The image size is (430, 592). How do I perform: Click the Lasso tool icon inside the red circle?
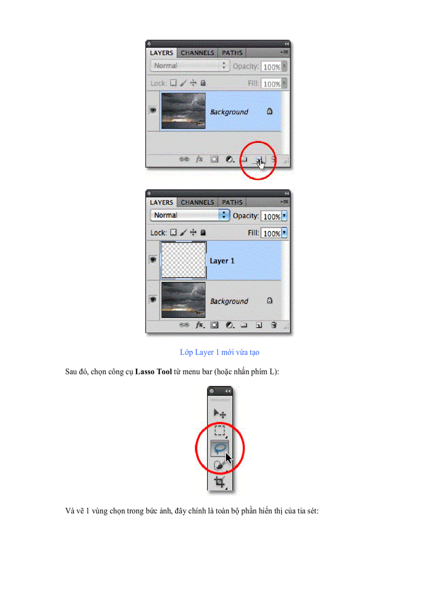[x=220, y=447]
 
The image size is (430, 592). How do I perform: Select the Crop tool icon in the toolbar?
[x=219, y=481]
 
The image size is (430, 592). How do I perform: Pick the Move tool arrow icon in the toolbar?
[x=219, y=414]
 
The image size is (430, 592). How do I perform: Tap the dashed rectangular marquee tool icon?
[x=219, y=431]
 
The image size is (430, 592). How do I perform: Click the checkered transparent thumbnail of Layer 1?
[x=183, y=261]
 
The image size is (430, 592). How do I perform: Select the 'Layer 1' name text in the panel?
[x=222, y=261]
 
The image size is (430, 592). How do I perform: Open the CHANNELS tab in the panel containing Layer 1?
[x=197, y=202]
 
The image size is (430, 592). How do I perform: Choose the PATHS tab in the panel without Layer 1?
[x=232, y=53]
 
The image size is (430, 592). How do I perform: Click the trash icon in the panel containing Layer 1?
[x=273, y=325]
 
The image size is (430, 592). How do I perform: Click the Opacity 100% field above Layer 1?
[x=271, y=216]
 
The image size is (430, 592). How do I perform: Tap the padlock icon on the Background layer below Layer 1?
[x=269, y=301]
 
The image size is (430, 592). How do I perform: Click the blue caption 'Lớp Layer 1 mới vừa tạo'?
[x=219, y=352]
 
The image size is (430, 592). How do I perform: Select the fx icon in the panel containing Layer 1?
[x=200, y=325]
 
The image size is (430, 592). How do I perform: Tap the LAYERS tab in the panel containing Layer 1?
[x=161, y=202]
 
